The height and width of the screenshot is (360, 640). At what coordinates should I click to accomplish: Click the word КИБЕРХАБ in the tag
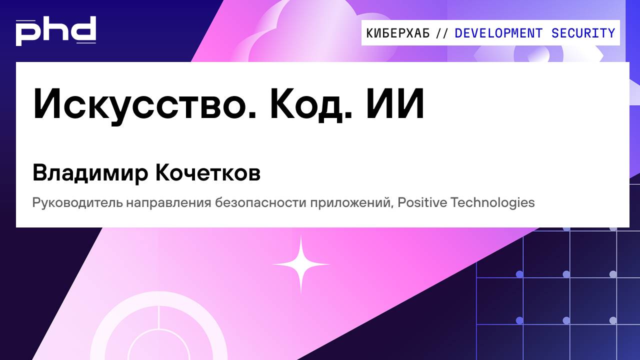click(x=398, y=33)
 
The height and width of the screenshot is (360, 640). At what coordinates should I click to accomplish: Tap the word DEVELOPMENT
click(x=498, y=33)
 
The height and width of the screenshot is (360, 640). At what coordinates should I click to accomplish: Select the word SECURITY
click(x=583, y=33)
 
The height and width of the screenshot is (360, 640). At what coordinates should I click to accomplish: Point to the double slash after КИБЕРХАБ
click(x=442, y=33)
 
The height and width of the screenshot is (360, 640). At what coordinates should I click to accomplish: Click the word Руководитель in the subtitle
click(x=77, y=203)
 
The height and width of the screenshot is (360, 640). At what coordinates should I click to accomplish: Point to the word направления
click(x=168, y=203)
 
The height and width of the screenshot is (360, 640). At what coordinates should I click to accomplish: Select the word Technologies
click(x=492, y=203)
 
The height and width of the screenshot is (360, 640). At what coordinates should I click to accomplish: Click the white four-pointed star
click(x=301, y=264)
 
